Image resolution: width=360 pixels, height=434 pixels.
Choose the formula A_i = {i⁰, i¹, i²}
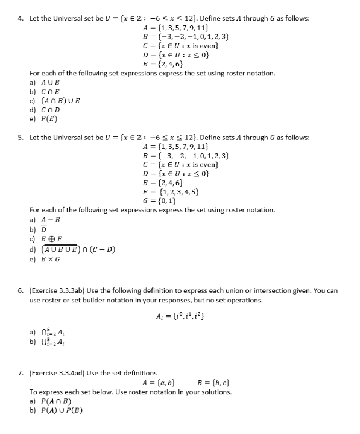(182, 316)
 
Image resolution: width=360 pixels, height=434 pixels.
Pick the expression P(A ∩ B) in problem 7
(54, 401)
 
